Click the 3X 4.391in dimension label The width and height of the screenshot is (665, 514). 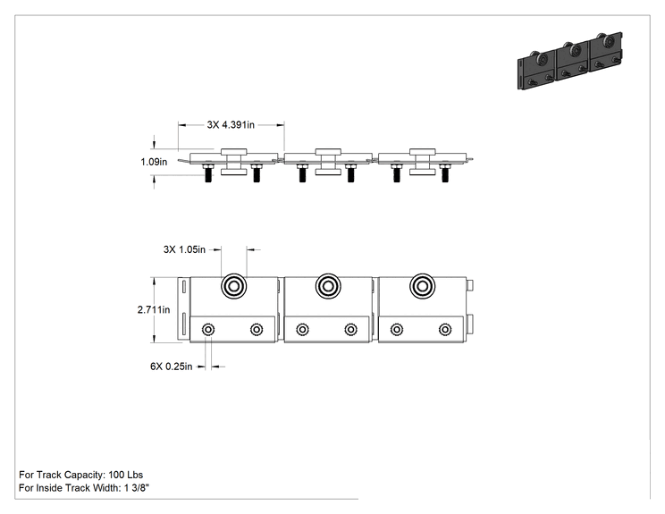point(231,124)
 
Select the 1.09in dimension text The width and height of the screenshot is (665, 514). point(154,162)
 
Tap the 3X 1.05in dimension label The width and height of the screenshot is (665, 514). point(184,249)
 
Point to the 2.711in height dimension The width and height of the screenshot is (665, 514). point(154,309)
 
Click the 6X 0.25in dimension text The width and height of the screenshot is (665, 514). point(172,367)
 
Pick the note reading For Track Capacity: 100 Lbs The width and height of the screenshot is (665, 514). point(81,475)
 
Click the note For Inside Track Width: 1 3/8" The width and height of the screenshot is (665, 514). point(84,488)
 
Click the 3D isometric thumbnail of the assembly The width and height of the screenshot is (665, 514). point(570,60)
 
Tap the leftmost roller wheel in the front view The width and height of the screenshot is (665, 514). point(233,286)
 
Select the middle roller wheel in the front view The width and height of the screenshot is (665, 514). point(328,286)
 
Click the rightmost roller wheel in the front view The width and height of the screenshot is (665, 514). point(423,286)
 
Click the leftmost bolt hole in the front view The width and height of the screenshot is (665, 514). point(208,330)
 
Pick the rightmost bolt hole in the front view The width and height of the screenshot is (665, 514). point(445,330)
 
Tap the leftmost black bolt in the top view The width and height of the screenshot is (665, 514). point(207,173)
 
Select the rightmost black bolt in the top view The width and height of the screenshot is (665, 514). point(444,173)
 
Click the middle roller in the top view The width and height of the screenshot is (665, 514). point(328,162)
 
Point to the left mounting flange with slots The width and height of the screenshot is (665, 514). point(183,308)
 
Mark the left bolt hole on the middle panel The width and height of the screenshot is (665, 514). point(302,330)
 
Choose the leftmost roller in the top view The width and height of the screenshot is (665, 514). point(233,162)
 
